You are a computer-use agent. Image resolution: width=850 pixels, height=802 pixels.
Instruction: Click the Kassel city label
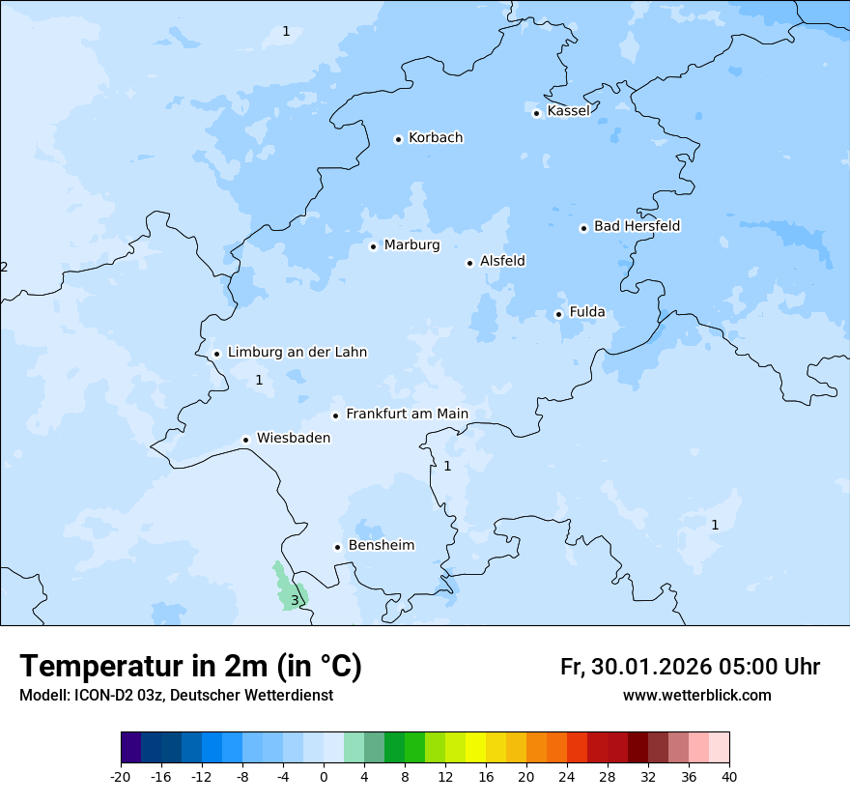568,111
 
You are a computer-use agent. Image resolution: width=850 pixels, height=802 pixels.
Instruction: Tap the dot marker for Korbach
398,139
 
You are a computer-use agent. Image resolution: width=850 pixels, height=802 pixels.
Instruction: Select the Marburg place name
411,245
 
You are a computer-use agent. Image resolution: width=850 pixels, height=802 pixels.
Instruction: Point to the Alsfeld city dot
469,263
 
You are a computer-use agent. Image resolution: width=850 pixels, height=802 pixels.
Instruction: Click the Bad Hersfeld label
637,226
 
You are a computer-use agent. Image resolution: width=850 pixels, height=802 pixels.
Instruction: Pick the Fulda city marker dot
558,314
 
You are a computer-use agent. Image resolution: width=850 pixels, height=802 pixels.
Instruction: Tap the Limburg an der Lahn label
297,353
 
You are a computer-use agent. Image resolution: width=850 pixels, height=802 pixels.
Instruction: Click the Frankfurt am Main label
407,415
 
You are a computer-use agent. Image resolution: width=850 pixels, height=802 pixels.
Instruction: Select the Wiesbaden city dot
246,440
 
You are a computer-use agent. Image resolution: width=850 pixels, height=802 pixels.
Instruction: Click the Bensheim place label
381,546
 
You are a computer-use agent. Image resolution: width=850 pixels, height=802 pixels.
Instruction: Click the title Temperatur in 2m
190,667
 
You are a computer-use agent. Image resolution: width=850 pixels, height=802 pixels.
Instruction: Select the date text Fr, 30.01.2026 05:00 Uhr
690,667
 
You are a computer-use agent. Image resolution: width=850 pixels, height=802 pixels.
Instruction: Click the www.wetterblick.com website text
696,696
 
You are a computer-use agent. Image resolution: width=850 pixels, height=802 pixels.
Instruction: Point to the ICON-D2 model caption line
176,696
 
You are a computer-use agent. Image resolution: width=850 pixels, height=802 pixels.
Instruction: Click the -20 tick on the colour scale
121,776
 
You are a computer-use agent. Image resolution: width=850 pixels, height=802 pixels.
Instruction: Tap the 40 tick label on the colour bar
729,776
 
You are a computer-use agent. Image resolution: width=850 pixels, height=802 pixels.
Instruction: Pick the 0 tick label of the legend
324,776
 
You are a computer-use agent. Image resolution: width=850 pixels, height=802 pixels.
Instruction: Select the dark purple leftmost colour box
131,748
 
